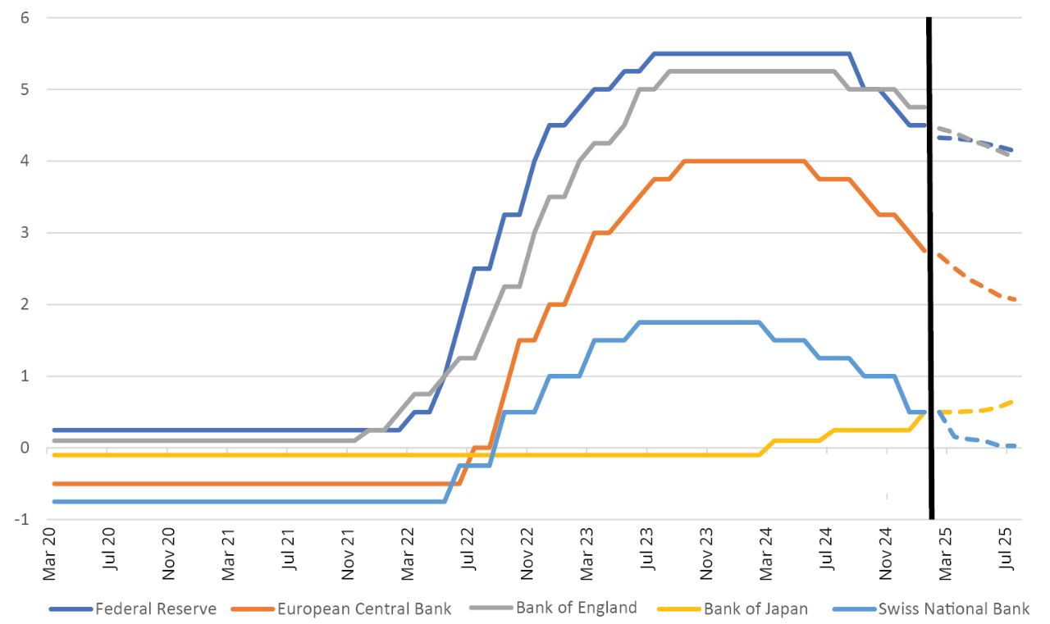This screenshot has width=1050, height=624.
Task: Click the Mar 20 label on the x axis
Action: click(x=49, y=558)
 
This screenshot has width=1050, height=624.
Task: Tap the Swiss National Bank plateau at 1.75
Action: click(x=697, y=322)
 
